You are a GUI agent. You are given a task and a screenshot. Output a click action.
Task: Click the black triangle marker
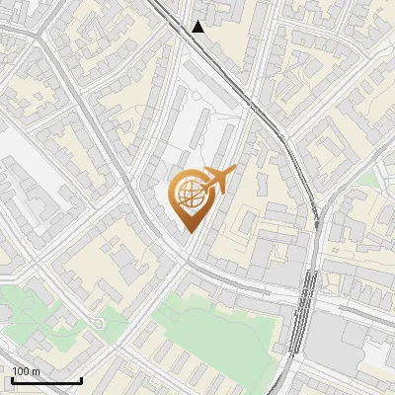click(x=198, y=27)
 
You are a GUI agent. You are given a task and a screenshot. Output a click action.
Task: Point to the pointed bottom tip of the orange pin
click(x=190, y=232)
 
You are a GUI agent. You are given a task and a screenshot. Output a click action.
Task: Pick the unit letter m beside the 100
click(x=37, y=371)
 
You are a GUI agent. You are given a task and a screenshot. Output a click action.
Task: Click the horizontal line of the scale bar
click(x=46, y=381)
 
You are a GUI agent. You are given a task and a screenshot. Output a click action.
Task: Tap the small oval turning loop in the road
click(x=99, y=324)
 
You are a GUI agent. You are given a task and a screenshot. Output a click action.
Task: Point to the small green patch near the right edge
click(x=369, y=179)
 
